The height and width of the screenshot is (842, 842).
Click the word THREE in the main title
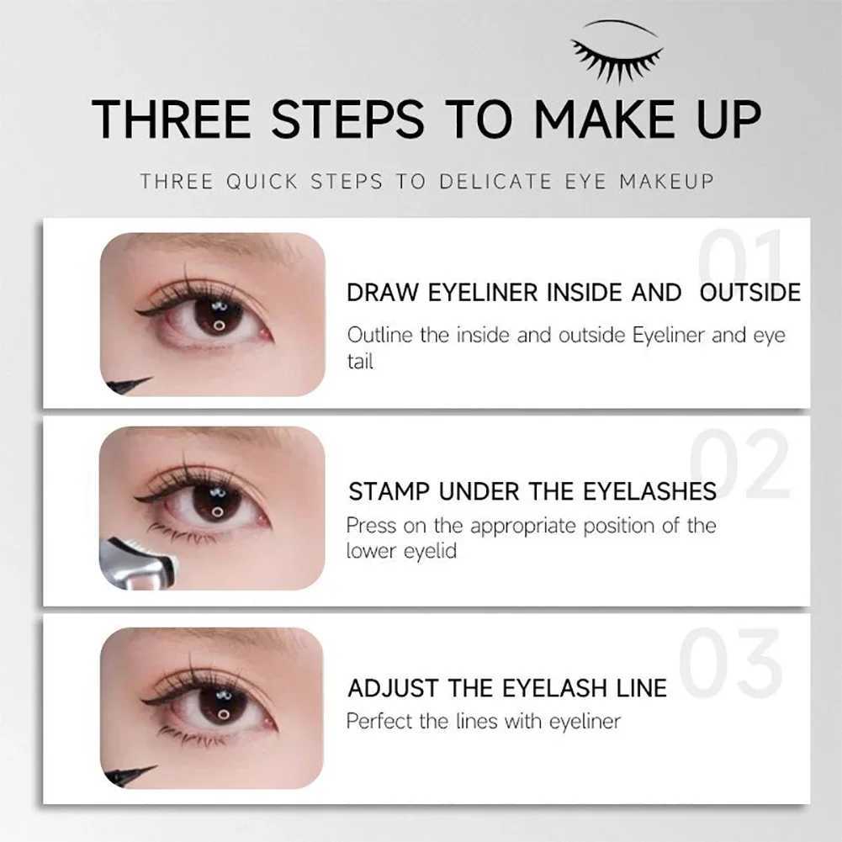(172, 119)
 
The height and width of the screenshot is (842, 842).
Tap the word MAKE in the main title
(605, 119)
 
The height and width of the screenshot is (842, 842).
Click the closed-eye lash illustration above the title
(617, 52)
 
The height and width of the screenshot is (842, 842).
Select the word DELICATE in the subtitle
(495, 182)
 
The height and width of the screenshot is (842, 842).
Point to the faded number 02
(740, 464)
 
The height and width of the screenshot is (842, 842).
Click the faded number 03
(730, 663)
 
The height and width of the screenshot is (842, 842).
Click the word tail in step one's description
(360, 362)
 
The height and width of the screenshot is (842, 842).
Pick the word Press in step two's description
(369, 526)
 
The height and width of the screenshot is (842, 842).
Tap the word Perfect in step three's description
(379, 721)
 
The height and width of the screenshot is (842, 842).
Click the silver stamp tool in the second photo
(138, 564)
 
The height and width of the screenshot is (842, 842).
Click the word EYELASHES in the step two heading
(649, 492)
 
